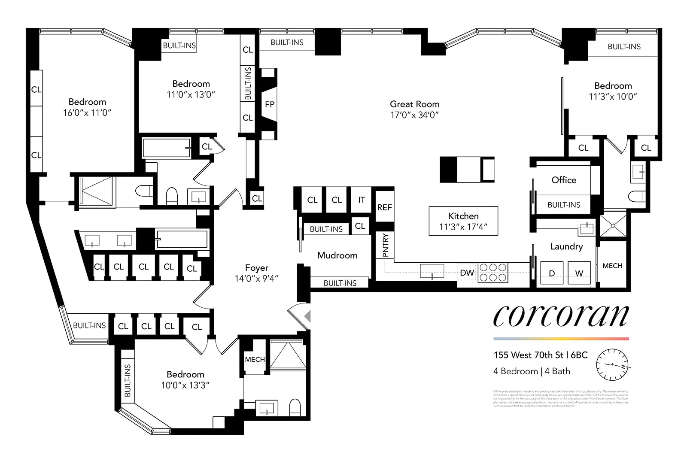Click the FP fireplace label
[270, 104]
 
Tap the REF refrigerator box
[384, 207]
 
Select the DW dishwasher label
[467, 273]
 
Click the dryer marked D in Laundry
[552, 273]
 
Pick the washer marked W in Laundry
[579, 273]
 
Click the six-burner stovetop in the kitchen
[493, 273]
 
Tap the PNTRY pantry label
[385, 245]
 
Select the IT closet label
[362, 200]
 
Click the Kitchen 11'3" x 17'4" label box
[463, 221]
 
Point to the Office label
[564, 180]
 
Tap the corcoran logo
[561, 316]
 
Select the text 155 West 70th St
[528, 355]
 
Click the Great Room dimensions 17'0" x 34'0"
[414, 115]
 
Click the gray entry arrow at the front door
[307, 316]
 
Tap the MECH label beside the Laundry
[612, 266]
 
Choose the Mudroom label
[337, 255]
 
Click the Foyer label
[256, 268]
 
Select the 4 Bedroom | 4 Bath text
[532, 371]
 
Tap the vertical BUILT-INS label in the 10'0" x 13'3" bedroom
[128, 380]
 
